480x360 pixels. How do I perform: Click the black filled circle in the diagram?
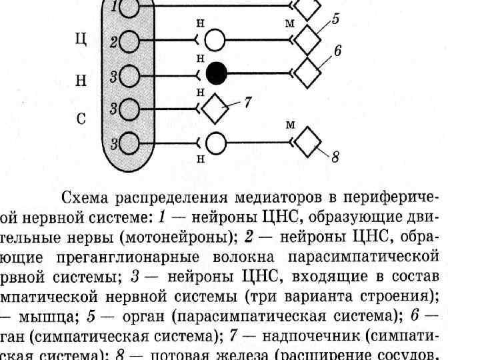216,74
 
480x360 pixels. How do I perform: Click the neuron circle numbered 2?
129,42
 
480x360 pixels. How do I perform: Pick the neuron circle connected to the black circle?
129,77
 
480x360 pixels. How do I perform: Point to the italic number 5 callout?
335,20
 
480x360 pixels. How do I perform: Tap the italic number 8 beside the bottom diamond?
335,158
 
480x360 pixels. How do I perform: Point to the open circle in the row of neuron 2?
215,40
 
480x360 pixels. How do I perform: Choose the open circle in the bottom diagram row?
215,143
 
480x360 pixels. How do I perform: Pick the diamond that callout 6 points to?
306,73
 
